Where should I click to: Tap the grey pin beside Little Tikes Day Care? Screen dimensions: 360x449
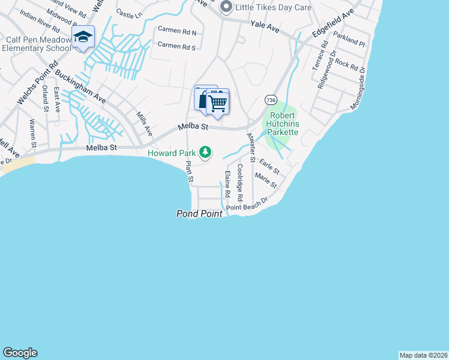coord(226,7)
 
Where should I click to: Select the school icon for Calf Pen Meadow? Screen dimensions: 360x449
coord(83,37)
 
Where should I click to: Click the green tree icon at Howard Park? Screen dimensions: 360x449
coord(206,152)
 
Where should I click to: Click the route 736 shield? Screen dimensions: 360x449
coord(271,100)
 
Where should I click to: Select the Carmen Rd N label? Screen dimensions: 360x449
coord(176,29)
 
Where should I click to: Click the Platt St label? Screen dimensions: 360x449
coord(190,171)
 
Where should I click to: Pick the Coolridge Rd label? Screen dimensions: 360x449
coord(240,182)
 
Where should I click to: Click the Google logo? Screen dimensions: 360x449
coord(20,353)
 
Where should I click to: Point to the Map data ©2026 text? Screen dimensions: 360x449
coord(423,355)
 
